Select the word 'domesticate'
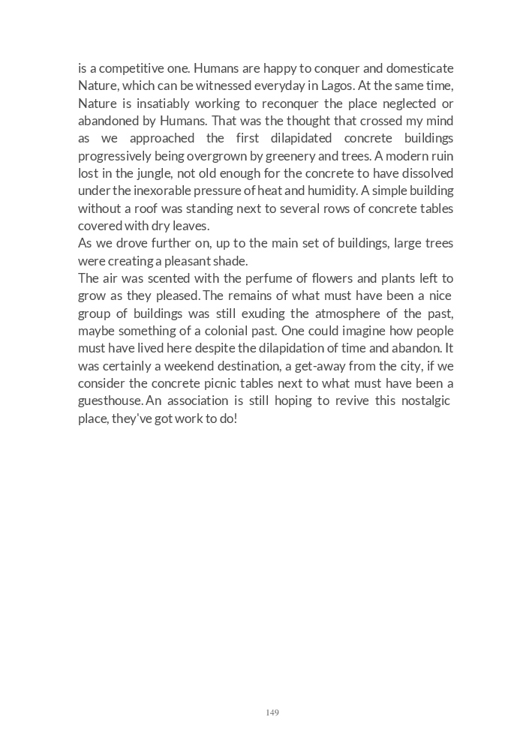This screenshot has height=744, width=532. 421,68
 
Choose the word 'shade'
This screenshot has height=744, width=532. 230,261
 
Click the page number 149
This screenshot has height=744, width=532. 272,712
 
